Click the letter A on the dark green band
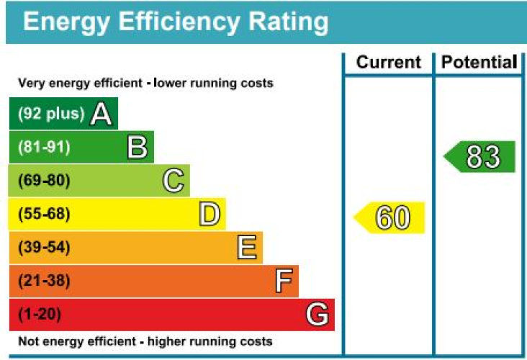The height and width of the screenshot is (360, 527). (102, 114)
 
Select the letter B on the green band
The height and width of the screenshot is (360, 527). (138, 147)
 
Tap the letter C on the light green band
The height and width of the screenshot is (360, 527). (174, 181)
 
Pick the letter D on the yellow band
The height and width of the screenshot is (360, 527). (210, 214)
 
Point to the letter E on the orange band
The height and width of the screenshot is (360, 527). (247, 248)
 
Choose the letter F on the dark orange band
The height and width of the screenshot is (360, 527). (284, 281)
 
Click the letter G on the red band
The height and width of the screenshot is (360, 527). (317, 314)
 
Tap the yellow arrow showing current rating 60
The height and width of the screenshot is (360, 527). (389, 217)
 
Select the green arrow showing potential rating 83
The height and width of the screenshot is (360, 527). (479, 157)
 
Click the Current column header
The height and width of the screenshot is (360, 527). (389, 62)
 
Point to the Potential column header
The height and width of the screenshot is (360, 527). (479, 62)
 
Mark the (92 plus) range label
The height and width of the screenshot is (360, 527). (51, 114)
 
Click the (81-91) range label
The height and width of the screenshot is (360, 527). (44, 147)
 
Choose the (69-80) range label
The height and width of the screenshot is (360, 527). (44, 181)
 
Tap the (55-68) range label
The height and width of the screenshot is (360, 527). (44, 214)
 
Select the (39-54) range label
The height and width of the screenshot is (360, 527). (44, 248)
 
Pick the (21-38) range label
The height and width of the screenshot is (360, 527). (44, 281)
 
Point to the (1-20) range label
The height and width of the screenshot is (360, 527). (40, 315)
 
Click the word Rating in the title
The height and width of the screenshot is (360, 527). (289, 22)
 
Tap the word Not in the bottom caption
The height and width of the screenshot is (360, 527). (27, 341)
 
